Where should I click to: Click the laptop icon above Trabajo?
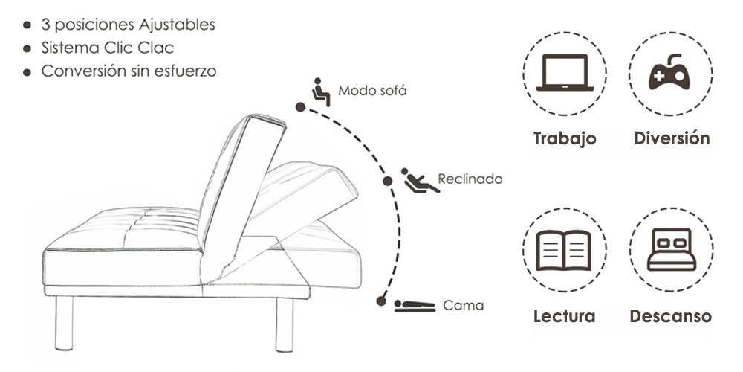565,73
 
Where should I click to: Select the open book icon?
563,250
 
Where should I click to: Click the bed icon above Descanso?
672,249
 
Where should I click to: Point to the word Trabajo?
565,138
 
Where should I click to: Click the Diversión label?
672,138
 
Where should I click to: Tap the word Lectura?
565,316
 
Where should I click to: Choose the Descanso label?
670,316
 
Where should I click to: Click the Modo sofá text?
372,91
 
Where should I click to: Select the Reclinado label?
470,179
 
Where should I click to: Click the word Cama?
464,305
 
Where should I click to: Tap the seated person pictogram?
321,92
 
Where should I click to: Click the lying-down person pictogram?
415,306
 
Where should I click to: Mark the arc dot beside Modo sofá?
300,107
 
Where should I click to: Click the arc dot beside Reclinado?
387,181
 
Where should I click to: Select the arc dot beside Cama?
381,301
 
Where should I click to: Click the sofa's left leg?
65,323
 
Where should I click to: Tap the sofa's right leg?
285,325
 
